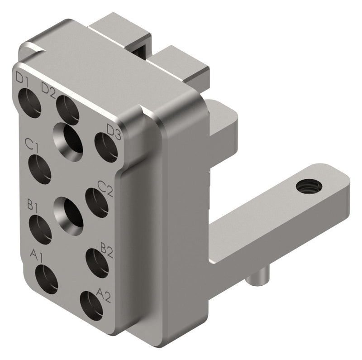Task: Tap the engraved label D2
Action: pyautogui.click(x=48, y=90)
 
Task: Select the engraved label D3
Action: pyautogui.click(x=114, y=132)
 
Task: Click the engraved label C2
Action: pyautogui.click(x=105, y=188)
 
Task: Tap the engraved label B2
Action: pyautogui.click(x=106, y=250)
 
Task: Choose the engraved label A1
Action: pyautogui.click(x=37, y=255)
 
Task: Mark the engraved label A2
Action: pyautogui.click(x=104, y=295)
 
